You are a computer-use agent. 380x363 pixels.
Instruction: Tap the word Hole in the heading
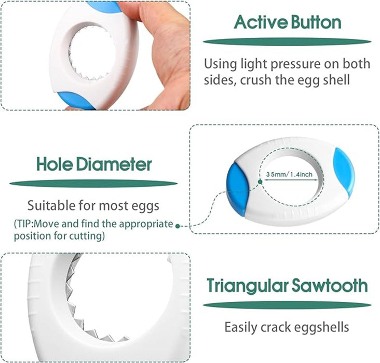(54, 164)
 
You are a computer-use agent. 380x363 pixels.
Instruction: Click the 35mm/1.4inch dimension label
(289, 175)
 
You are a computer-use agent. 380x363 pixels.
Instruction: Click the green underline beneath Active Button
(287, 41)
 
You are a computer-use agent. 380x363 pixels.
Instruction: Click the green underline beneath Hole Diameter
(93, 183)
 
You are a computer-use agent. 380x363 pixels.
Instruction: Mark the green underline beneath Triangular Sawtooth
(287, 305)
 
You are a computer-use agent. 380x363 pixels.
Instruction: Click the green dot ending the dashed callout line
(178, 226)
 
